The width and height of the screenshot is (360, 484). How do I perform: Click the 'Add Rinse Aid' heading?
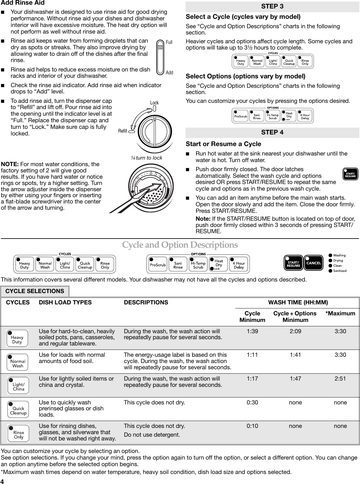pos(23,3)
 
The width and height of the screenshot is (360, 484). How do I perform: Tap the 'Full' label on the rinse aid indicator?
pos(169,42)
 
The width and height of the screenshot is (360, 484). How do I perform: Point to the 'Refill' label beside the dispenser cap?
pos(123,131)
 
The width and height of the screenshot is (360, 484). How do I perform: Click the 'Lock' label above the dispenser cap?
pos(154,103)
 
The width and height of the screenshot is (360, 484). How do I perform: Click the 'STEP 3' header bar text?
pos(272,7)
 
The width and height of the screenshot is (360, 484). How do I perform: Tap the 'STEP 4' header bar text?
pos(272,133)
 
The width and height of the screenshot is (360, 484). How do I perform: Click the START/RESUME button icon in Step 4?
pos(350,174)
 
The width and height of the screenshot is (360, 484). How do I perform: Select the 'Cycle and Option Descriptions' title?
pos(180,245)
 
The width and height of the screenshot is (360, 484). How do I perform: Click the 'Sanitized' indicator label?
pos(340,271)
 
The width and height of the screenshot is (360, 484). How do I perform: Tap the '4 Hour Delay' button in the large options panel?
pos(239,265)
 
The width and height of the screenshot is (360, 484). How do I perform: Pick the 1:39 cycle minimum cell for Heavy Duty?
pos(252,331)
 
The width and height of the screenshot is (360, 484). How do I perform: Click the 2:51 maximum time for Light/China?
pos(340,379)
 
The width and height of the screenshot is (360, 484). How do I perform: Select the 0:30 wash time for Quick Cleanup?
pos(252,402)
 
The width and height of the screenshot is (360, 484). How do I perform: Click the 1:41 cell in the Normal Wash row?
pos(295,355)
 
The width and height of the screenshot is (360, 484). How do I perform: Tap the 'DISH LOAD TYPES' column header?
pos(65,302)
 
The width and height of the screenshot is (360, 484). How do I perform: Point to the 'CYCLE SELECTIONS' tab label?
pos(35,291)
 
